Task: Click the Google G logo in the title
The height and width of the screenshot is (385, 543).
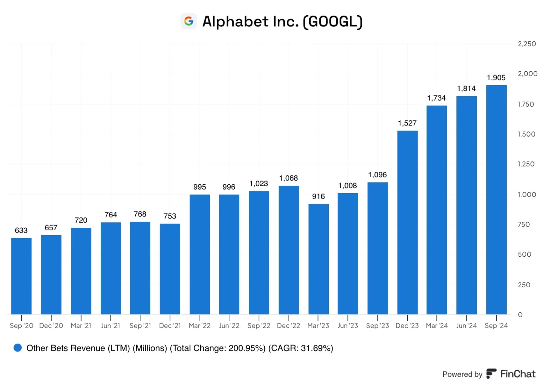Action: tap(188, 21)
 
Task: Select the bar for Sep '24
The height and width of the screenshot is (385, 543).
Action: tap(496, 200)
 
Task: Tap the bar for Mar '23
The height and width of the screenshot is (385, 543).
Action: tap(318, 259)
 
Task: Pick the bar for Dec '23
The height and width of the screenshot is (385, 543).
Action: tap(407, 222)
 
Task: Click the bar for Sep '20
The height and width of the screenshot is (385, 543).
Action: tap(21, 276)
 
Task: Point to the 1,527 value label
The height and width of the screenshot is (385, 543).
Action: tap(407, 123)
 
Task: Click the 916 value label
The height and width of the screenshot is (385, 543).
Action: tap(318, 196)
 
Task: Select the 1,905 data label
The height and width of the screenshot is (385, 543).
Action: tap(496, 78)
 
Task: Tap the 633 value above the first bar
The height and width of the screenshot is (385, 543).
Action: tap(21, 230)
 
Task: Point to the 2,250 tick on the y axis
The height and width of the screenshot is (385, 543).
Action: tap(527, 44)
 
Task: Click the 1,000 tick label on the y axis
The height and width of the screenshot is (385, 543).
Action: tap(527, 195)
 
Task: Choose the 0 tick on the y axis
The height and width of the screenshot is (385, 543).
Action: tap(520, 315)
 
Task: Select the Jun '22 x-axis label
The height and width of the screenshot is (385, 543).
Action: tap(229, 325)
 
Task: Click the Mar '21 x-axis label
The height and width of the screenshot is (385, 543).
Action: tap(81, 325)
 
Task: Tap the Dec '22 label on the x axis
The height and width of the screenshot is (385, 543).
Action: tap(289, 325)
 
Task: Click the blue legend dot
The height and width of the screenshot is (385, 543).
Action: tap(18, 348)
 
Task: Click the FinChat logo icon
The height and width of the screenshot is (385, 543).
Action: tap(491, 374)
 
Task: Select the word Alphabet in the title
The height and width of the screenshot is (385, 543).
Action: tap(236, 21)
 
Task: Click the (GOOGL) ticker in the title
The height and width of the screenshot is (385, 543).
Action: tap(333, 22)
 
